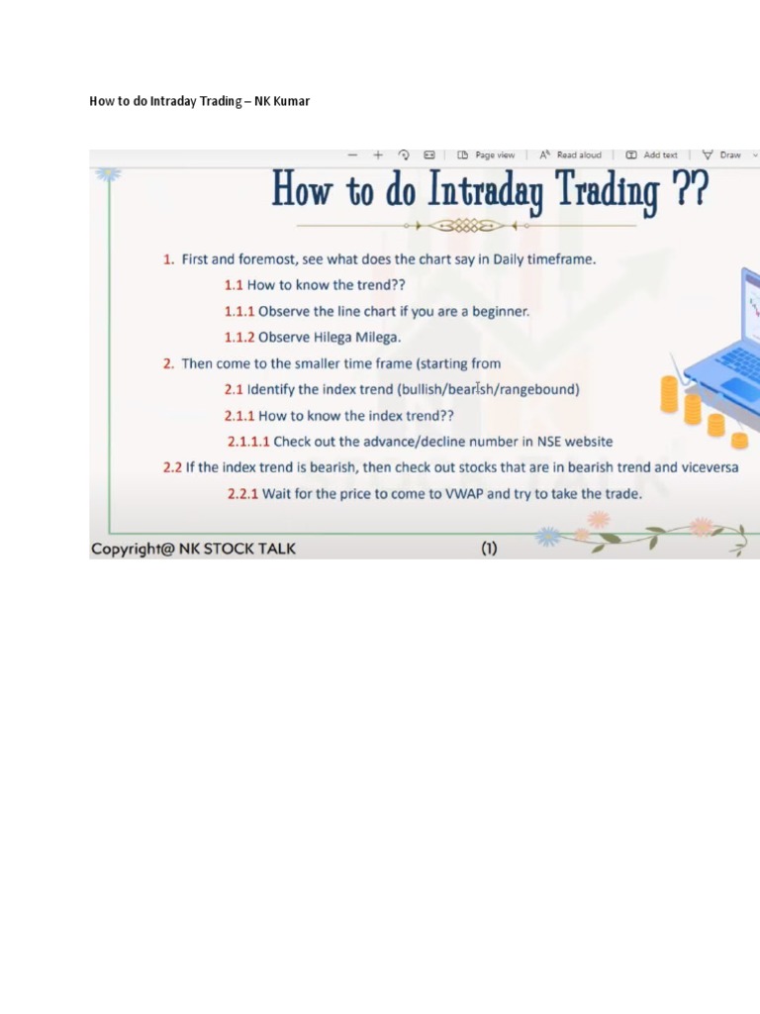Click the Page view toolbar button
coord(487,155)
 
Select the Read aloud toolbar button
coord(572,155)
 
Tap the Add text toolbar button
coord(652,155)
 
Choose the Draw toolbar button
coord(722,155)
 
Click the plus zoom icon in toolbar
coord(378,155)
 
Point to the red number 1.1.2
coord(239,337)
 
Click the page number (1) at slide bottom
coord(489,549)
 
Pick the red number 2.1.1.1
coord(248,442)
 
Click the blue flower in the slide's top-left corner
coord(107,173)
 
